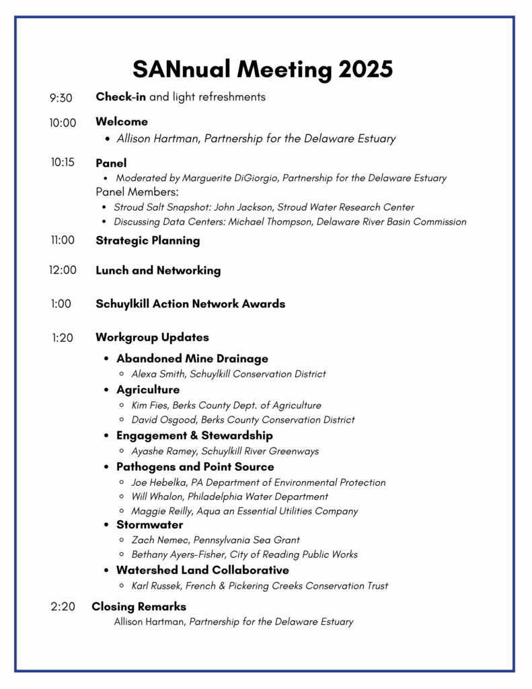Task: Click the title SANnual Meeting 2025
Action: pyautogui.click(x=262, y=69)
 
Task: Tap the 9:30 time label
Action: pyautogui.click(x=61, y=98)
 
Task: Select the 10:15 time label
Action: pyautogui.click(x=62, y=162)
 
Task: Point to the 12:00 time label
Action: pyautogui.click(x=63, y=270)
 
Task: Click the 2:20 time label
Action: pyautogui.click(x=63, y=607)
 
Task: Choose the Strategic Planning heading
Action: pyautogui.click(x=147, y=240)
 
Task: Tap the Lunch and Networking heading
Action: pyautogui.click(x=158, y=270)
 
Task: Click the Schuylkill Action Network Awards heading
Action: pyautogui.click(x=190, y=303)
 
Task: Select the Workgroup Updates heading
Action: pyautogui.click(x=152, y=337)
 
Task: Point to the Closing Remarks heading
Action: pyautogui.click(x=139, y=607)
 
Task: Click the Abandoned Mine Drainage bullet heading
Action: pyautogui.click(x=192, y=359)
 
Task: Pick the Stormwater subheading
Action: pyautogui.click(x=149, y=524)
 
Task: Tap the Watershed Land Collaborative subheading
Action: pyautogui.click(x=202, y=570)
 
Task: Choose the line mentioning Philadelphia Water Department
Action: pyautogui.click(x=230, y=497)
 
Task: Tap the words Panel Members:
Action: pyautogui.click(x=137, y=192)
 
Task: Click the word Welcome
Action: pyautogui.click(x=122, y=122)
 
